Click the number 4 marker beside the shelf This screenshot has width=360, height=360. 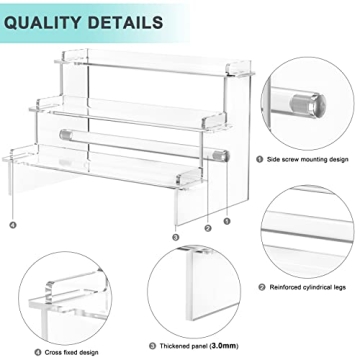click(x=13, y=224)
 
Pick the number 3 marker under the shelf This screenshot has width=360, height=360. click(x=175, y=236)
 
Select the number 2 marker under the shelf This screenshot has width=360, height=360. click(x=208, y=228)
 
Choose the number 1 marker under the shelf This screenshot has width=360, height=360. click(x=227, y=221)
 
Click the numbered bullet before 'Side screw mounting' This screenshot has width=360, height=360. click(x=260, y=158)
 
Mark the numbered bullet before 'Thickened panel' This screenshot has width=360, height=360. click(x=152, y=346)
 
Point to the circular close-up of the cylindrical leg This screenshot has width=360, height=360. click(x=310, y=232)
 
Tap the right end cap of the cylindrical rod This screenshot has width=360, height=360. click(x=221, y=155)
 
